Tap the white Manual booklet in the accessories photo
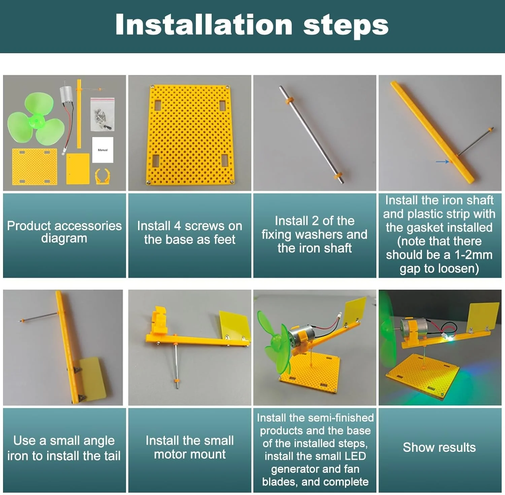click(x=103, y=150)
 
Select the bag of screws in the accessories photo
click(x=103, y=114)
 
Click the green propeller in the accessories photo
click(x=36, y=120)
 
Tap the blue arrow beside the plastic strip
click(x=442, y=162)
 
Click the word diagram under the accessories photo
click(x=64, y=238)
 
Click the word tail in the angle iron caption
click(x=112, y=456)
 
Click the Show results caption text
click(x=439, y=448)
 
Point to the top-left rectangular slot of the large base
click(x=158, y=105)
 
